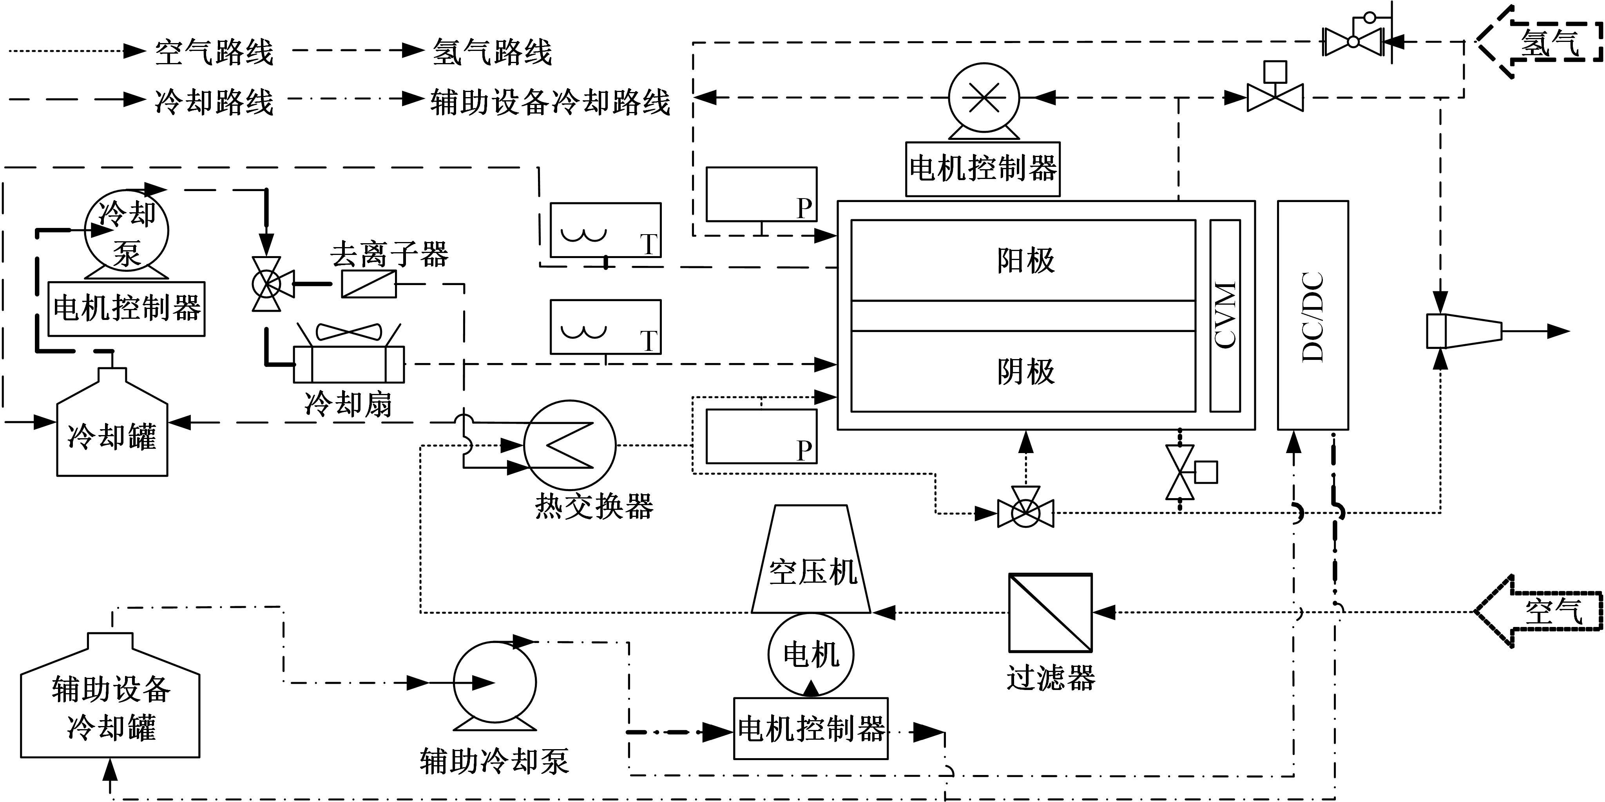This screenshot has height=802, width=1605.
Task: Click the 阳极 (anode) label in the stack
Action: coord(1025,260)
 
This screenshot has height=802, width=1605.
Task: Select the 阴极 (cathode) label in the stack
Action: coord(1025,371)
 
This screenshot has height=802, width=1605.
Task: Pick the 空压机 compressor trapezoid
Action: coord(811,560)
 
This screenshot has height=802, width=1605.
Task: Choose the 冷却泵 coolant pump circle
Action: coord(127,230)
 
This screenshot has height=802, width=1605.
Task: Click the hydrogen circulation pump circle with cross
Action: coord(984,98)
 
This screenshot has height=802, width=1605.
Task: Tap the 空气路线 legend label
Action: coord(214,51)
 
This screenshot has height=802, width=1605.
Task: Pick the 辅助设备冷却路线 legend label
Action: coord(550,101)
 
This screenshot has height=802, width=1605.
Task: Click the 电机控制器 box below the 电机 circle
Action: coord(811,728)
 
